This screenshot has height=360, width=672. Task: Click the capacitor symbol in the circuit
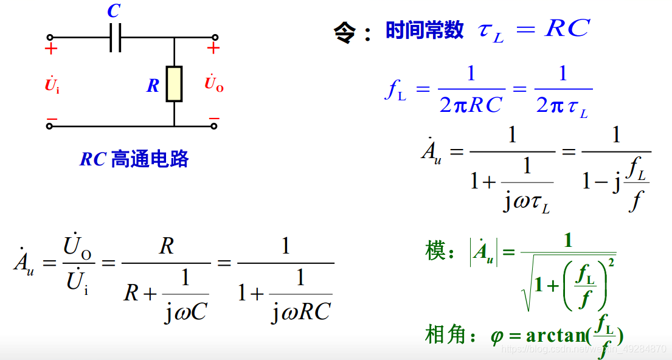pos(116,38)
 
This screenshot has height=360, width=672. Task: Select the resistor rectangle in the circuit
pos(174,84)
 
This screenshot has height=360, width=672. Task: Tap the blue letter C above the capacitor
pos(114,12)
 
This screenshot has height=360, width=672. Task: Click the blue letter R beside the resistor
pos(153,86)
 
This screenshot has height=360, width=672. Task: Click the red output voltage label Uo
pos(213,85)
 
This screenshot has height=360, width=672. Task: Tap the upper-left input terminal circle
pos(50,37)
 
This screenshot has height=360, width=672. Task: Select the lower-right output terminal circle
pos(213,126)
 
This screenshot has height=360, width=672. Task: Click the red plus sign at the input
pos(51,49)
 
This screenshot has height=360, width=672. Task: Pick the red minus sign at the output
pos(213,118)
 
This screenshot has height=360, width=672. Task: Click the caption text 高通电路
pos(150,159)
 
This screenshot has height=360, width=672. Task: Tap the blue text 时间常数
pos(424,30)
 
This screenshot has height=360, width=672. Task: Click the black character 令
pos(344,31)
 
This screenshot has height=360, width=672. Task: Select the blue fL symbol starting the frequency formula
pos(395,91)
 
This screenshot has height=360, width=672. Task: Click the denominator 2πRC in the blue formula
pos(471,105)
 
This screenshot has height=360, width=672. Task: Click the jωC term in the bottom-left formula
pos(185,313)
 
